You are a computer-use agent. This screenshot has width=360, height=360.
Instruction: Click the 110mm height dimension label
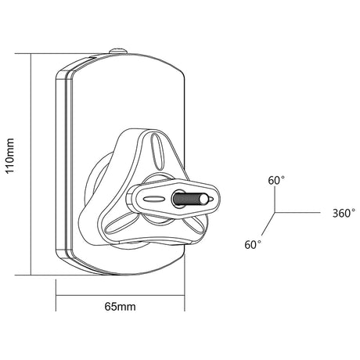click(x=10, y=156)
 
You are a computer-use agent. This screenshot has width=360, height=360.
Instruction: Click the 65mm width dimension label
click(x=120, y=307)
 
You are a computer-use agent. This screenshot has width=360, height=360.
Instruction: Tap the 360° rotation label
click(x=344, y=214)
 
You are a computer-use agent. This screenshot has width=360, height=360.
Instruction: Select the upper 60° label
click(x=276, y=181)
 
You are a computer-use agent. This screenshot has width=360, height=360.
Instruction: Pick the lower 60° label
click(x=253, y=245)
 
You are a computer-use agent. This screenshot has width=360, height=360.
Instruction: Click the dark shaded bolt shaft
click(x=186, y=200)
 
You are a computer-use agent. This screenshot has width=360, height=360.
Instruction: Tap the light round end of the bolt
click(x=203, y=200)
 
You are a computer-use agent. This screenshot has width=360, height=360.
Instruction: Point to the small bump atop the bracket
click(x=118, y=51)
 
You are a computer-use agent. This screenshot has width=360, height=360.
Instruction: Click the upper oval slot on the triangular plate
click(x=157, y=151)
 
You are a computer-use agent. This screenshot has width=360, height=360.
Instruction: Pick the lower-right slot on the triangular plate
click(x=193, y=225)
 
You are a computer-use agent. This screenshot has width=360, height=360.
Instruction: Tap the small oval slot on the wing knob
click(x=154, y=199)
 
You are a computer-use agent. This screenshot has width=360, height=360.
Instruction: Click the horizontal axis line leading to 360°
click(x=297, y=212)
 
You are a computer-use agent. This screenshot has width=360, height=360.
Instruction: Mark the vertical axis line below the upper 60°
click(x=275, y=200)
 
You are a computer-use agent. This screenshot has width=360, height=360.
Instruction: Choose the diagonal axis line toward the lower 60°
click(x=268, y=224)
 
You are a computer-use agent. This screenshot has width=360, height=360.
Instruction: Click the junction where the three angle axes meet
click(x=275, y=212)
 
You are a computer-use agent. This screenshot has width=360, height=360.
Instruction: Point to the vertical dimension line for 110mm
click(x=31, y=164)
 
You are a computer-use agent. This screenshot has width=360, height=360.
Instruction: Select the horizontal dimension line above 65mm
click(x=121, y=296)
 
